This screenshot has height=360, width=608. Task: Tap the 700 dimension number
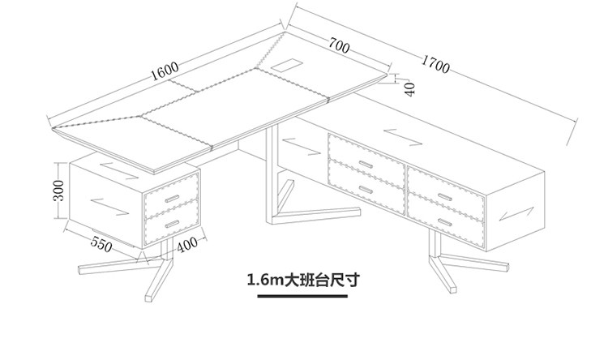339,48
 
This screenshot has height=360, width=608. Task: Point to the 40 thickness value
409,88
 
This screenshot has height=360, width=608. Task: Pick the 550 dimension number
101,243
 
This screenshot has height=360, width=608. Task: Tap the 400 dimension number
187,242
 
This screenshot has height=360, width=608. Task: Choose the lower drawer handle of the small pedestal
171,221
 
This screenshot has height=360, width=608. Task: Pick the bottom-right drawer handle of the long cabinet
443,221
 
